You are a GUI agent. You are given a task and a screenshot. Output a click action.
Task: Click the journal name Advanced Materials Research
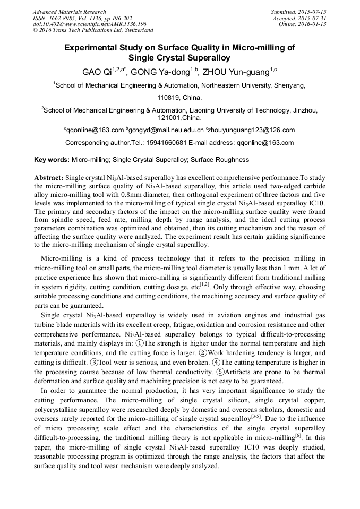[x=69, y=12]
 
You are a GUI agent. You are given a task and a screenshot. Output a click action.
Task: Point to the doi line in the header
[x=89, y=24]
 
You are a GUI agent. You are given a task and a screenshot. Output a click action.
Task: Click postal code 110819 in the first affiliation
[x=169, y=98]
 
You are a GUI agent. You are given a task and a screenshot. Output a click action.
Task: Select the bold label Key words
[x=52, y=159]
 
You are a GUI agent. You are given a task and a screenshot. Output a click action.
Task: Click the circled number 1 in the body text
[x=140, y=342]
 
